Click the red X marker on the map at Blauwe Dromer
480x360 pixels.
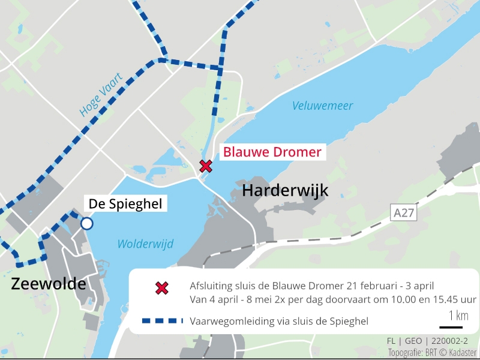pos(206,166)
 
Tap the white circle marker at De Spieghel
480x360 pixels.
pos(87,224)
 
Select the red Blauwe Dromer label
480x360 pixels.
pos(272,152)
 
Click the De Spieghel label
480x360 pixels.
pos(125,204)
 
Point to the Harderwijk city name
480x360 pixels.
pos(285,191)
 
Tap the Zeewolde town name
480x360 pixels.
pos(48,284)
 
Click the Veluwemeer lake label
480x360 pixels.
pos(322,106)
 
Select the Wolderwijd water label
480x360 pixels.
pos(145,244)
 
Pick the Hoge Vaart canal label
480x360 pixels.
pos(100,95)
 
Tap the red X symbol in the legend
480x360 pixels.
pos(161,288)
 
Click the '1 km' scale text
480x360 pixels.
pos(458,316)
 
